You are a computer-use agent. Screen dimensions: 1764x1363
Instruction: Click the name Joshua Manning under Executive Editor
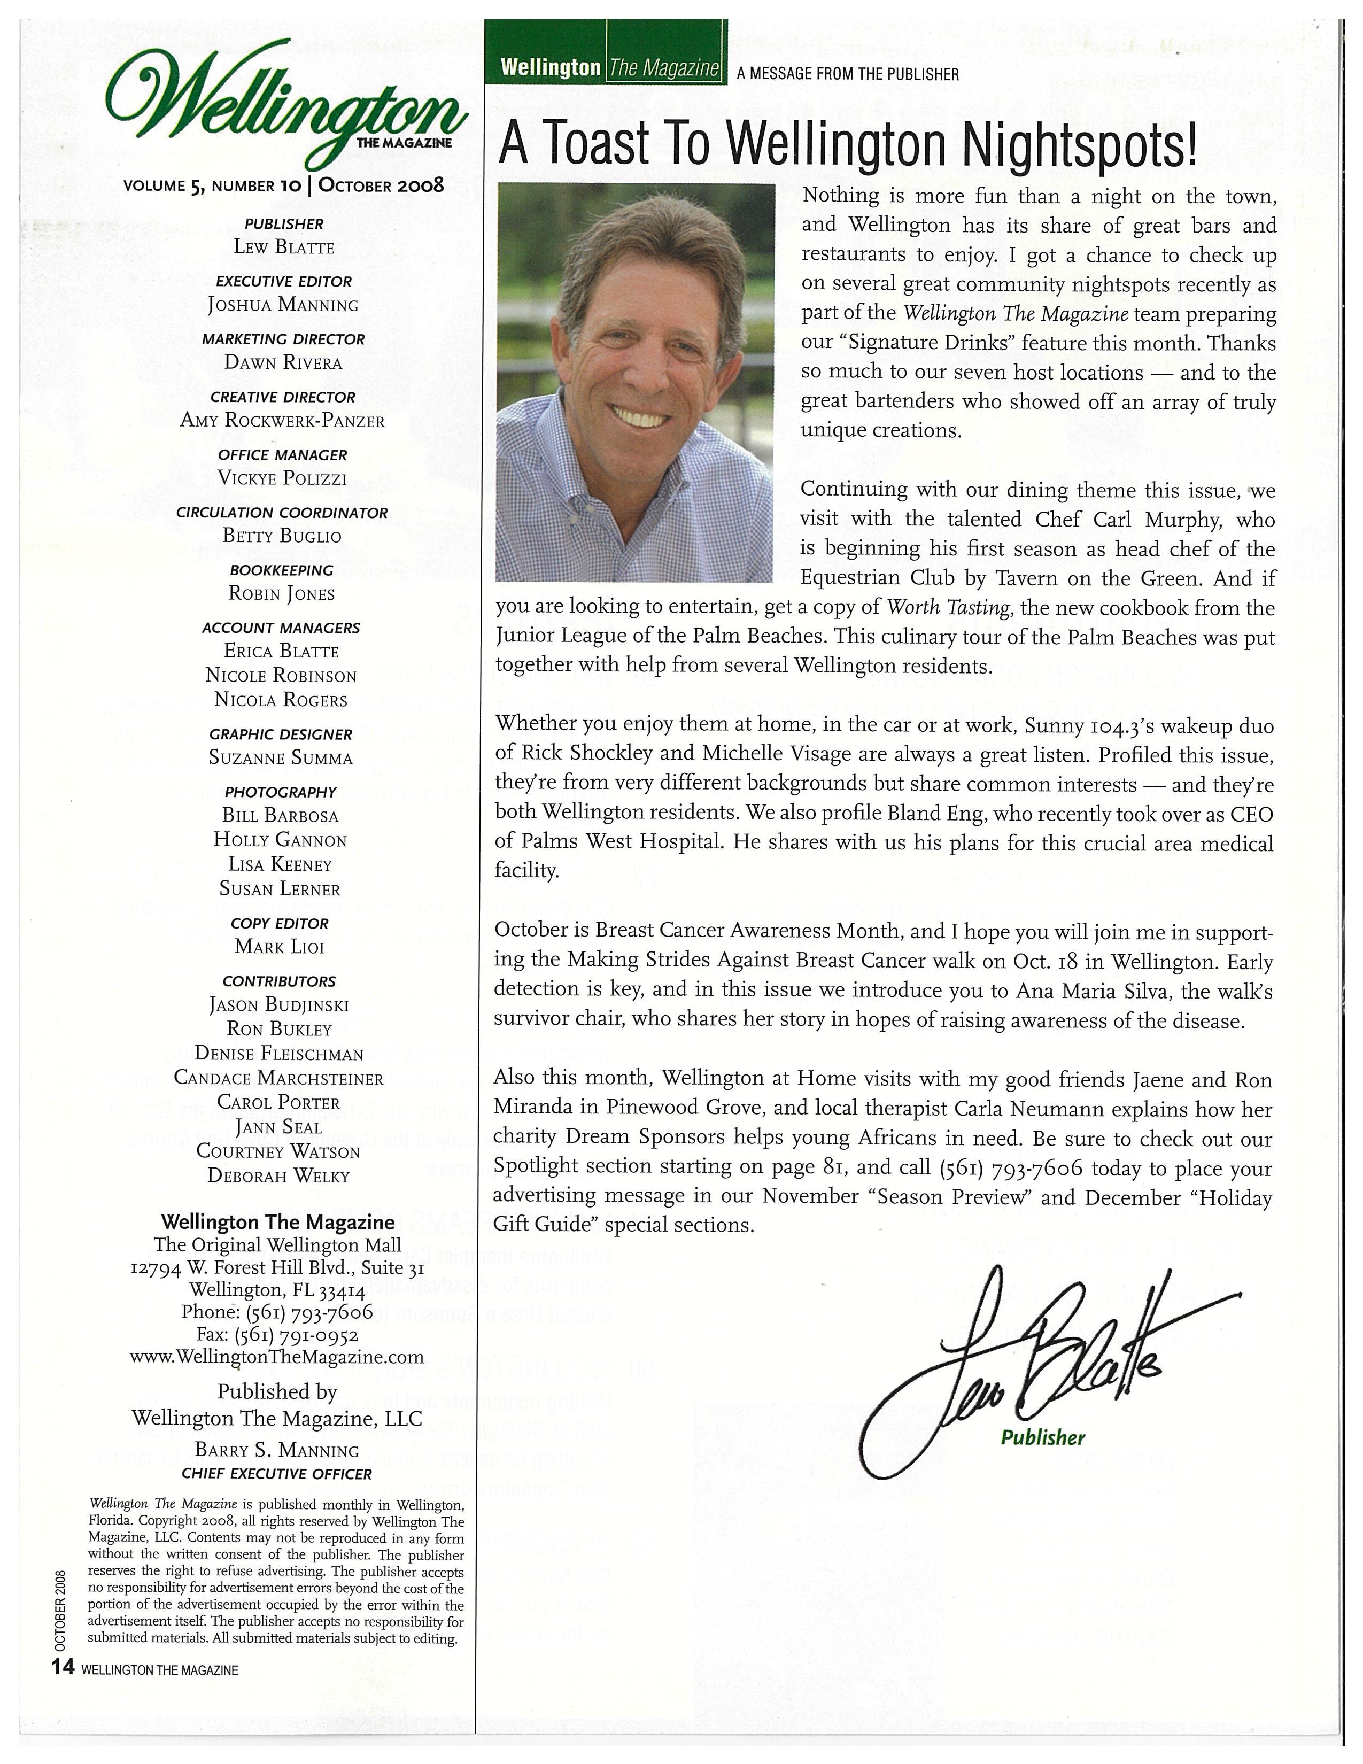pyautogui.click(x=283, y=305)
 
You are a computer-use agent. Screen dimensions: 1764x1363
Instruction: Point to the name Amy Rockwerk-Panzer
pyautogui.click(x=283, y=421)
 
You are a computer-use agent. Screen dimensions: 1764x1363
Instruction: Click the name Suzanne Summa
pyautogui.click(x=281, y=759)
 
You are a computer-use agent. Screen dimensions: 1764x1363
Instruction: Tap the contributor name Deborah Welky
pyautogui.click(x=278, y=1176)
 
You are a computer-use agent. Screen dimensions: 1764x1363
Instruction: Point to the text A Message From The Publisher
pyautogui.click(x=848, y=74)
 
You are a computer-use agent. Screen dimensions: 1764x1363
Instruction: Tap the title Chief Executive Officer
pyautogui.click(x=277, y=1474)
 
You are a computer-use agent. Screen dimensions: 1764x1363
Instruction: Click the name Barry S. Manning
pyautogui.click(x=277, y=1451)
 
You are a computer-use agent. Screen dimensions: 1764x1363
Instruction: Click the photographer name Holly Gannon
pyautogui.click(x=280, y=841)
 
